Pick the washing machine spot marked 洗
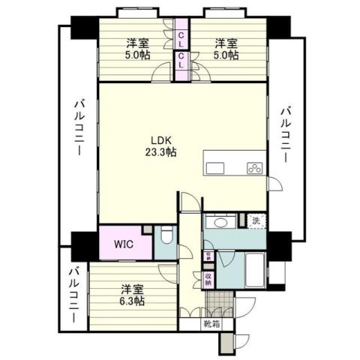pyautogui.click(x=256, y=221)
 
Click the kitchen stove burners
pyautogui.click(x=254, y=167)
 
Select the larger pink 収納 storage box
pyautogui.click(x=208, y=279)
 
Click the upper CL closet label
pyautogui.click(x=182, y=35)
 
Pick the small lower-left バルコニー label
pyautogui.click(x=73, y=295)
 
